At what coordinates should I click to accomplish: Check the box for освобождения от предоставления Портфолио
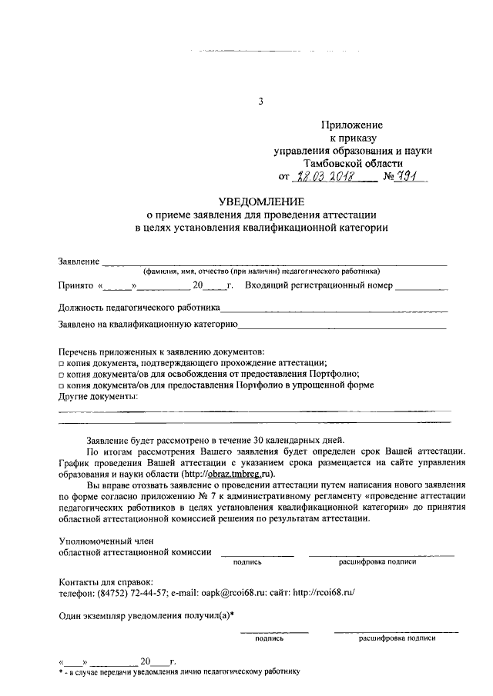pyautogui.click(x=62, y=375)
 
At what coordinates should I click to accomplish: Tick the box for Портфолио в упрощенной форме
pyautogui.click(x=62, y=385)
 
